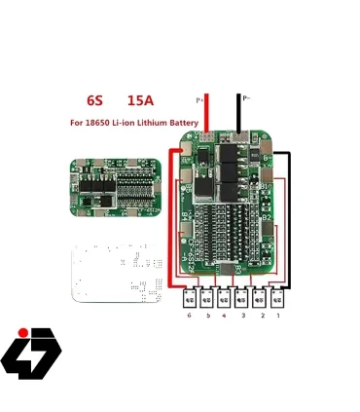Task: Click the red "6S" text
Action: click(94, 100)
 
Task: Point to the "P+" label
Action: click(200, 99)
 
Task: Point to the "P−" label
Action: click(247, 98)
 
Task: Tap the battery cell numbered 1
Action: click(277, 297)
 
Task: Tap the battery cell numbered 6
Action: click(189, 297)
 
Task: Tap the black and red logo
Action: click(30, 353)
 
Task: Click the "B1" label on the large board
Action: click(265, 186)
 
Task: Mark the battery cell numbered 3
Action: click(241, 297)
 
